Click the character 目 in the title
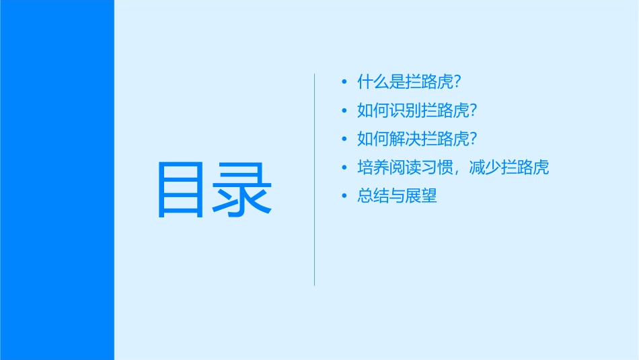pos(180,190)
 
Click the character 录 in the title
pos(243,190)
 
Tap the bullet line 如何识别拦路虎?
pos(417,110)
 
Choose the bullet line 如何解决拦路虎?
pos(417,139)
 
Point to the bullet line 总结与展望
pos(397,196)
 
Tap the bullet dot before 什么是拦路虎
pos(344,82)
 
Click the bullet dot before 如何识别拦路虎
pos(344,110)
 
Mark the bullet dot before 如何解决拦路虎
pos(344,139)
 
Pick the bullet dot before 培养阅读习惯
pos(344,168)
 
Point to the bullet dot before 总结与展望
pos(344,196)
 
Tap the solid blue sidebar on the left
pos(57,180)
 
